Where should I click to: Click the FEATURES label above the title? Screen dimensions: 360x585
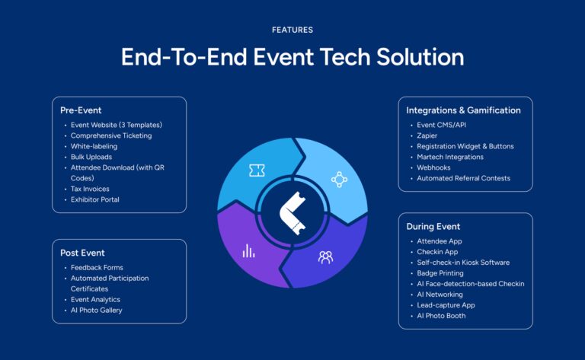[292, 30]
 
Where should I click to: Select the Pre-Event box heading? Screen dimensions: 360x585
[81, 110]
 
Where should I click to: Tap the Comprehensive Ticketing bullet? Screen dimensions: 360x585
[111, 135]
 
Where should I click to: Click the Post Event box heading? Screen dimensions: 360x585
[82, 253]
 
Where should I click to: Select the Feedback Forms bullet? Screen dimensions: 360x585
[97, 268]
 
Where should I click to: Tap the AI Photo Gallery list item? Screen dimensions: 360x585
[97, 311]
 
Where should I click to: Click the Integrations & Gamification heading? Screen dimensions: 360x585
[463, 110]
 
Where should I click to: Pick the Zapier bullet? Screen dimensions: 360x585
[428, 135]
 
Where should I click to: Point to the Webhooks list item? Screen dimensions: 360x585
[434, 167]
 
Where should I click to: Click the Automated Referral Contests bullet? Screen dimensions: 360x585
[463, 178]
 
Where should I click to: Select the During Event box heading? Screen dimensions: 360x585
[433, 226]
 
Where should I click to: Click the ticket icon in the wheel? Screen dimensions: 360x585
[257, 171]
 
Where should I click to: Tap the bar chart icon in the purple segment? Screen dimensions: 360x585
[248, 250]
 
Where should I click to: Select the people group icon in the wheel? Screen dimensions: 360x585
[325, 257]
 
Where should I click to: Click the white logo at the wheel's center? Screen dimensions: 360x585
[292, 214]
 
